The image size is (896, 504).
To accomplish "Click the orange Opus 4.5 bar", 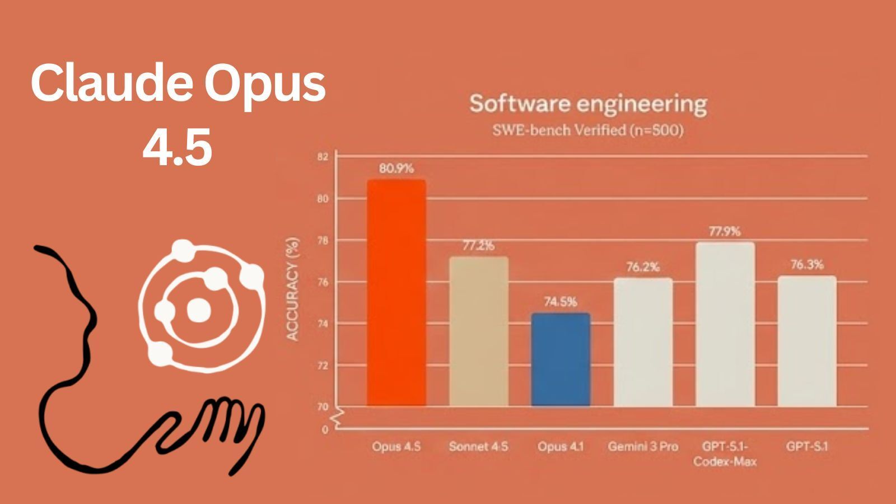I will pyautogui.click(x=396, y=292).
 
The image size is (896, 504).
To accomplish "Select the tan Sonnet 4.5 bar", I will pyautogui.click(x=479, y=331).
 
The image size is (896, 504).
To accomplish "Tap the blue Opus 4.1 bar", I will pyautogui.click(x=561, y=360).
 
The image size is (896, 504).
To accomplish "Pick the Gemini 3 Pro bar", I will pyautogui.click(x=643, y=342).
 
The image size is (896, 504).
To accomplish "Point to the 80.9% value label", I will pyautogui.click(x=396, y=168).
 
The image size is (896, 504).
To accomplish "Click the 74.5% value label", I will pyautogui.click(x=561, y=302).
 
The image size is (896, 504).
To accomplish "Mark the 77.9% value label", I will pyautogui.click(x=725, y=231).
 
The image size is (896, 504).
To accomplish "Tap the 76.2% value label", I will pyautogui.click(x=643, y=267).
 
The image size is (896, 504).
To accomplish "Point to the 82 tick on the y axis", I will pyautogui.click(x=323, y=157).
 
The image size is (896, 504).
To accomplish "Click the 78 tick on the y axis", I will pyautogui.click(x=323, y=240).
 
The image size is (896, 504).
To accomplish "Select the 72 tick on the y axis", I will pyautogui.click(x=323, y=366).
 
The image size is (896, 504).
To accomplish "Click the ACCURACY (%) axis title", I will pyautogui.click(x=293, y=289).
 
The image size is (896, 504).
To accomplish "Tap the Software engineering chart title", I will pyautogui.click(x=588, y=104).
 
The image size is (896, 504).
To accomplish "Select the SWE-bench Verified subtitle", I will pyautogui.click(x=588, y=130).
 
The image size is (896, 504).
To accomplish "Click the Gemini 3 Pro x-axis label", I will pyautogui.click(x=643, y=446).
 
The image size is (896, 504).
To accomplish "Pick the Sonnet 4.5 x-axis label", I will pyautogui.click(x=479, y=446).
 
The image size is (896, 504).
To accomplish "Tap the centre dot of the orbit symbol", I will pyautogui.click(x=197, y=309).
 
